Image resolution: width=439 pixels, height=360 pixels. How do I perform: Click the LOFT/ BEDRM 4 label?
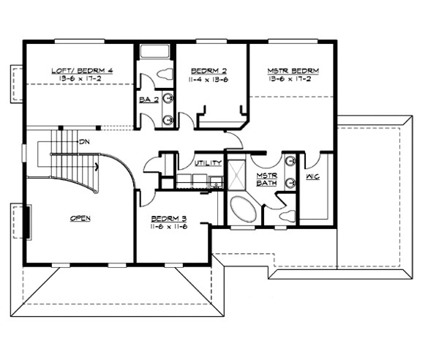[80, 71]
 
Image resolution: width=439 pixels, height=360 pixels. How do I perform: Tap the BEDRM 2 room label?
[209, 71]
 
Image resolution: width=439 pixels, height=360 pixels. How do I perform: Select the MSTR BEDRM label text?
[293, 71]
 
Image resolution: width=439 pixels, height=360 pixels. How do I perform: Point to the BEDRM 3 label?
[169, 219]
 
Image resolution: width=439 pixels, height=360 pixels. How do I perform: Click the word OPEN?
[80, 218]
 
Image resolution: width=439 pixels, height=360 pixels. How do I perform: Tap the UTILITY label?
[209, 162]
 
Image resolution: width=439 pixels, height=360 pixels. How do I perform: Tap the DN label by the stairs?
[85, 141]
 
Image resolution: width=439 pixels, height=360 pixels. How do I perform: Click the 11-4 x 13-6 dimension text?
[209, 79]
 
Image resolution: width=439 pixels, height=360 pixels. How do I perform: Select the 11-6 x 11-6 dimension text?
[169, 228]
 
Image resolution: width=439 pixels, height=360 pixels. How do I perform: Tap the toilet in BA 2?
[164, 74]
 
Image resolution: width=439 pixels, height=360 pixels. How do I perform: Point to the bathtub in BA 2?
[154, 52]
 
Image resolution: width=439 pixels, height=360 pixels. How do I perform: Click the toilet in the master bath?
[287, 215]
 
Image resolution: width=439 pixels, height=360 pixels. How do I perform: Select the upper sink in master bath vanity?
[290, 161]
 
